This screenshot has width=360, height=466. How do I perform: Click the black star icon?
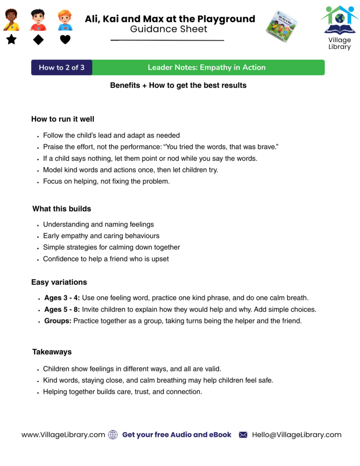(x=11, y=40)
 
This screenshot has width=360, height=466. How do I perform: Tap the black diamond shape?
(x=38, y=40)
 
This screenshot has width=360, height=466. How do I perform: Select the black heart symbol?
(x=65, y=40)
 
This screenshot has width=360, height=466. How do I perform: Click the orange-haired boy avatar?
(x=65, y=20)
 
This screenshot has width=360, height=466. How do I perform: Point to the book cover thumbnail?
(x=281, y=26)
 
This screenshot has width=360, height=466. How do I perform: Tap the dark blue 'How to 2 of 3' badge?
(x=61, y=67)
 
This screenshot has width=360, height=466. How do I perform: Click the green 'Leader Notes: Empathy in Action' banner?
(x=207, y=67)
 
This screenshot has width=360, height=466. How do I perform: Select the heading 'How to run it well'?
(x=63, y=119)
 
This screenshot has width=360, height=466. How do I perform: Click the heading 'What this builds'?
(x=61, y=209)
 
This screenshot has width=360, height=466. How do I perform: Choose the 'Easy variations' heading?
(x=59, y=282)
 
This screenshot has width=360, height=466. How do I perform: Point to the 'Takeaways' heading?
(x=51, y=352)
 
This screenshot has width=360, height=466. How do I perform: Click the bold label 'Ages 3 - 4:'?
(x=62, y=298)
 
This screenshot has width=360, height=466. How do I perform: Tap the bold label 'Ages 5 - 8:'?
(x=62, y=309)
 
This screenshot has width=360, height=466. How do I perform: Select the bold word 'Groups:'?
(x=58, y=321)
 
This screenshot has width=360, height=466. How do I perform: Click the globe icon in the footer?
(x=113, y=435)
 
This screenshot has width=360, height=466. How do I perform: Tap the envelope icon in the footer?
(x=243, y=435)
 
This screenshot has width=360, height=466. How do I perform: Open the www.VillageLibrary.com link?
(x=63, y=435)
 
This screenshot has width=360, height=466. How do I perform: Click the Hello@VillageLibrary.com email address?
(x=296, y=435)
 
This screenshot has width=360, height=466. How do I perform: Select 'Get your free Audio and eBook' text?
(x=177, y=435)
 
